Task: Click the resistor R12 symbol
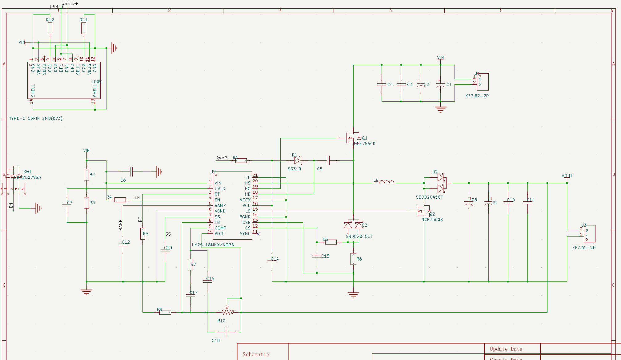[x=50, y=28]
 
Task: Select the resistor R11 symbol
[x=83, y=28]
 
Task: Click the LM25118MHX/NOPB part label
[x=213, y=245]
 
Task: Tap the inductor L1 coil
[x=385, y=182]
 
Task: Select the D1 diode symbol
[x=297, y=160]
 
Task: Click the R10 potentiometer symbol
[x=227, y=312]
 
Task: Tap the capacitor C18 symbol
[x=227, y=332]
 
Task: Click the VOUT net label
[x=567, y=176]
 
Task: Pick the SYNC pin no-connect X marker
[x=258, y=234]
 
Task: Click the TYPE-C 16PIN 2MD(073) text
[x=36, y=119]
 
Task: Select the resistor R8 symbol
[x=353, y=259]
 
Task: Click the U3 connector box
[x=589, y=234]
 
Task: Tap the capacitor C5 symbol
[x=328, y=160]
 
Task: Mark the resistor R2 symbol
[x=86, y=174]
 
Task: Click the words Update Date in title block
[x=506, y=349]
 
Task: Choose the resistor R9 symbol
[x=165, y=312]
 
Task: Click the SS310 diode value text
[x=294, y=169]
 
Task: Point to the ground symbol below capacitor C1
[x=440, y=109]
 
